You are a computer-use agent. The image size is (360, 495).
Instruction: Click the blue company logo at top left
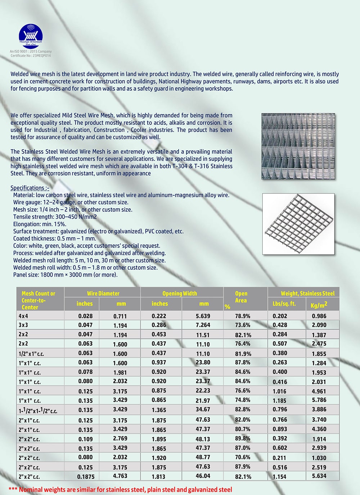[31, 36]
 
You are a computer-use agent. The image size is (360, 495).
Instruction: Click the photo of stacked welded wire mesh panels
[298, 146]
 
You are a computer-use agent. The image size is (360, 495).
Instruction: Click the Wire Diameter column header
[103, 293]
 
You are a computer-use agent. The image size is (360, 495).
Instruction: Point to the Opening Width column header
[180, 293]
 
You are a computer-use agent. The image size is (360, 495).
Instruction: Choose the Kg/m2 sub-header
[319, 305]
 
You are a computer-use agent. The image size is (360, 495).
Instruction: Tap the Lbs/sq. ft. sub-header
[284, 304]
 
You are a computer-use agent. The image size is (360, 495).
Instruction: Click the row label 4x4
[23, 316]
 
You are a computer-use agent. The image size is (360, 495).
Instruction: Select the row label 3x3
[23, 325]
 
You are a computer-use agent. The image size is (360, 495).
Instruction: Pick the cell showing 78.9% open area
[243, 316]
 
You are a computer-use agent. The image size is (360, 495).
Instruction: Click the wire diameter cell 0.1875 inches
[86, 476]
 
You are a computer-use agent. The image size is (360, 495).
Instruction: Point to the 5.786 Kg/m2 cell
[319, 400]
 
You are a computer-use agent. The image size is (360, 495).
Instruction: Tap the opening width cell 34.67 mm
[203, 409]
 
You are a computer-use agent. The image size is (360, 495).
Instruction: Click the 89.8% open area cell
[243, 439]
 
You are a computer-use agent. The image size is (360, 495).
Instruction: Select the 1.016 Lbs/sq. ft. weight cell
[280, 391]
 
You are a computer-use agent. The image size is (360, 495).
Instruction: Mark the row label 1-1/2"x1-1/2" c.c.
[38, 410]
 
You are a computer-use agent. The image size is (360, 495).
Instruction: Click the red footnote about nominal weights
[120, 489]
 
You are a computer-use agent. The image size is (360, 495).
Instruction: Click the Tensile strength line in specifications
[55, 217]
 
